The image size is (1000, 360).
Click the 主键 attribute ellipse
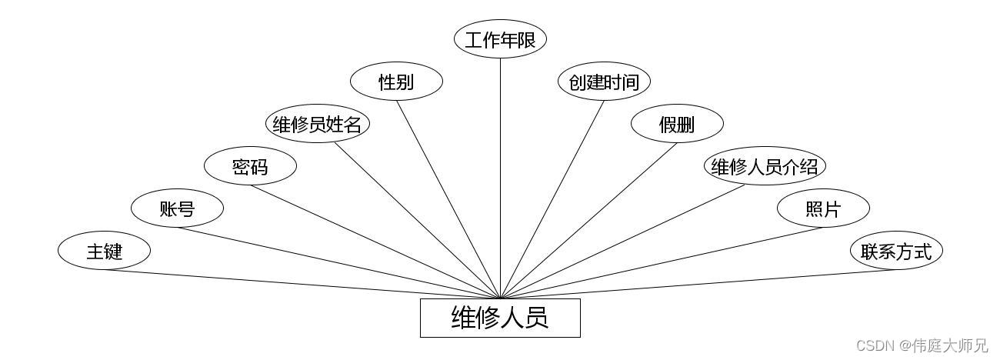[104, 251]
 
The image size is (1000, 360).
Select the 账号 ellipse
[177, 208]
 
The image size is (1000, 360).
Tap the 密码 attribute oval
[250, 166]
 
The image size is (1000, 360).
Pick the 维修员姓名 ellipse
[317, 125]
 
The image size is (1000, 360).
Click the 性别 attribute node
[396, 82]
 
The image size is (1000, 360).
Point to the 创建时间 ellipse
[604, 82]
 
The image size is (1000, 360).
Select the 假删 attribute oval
[677, 125]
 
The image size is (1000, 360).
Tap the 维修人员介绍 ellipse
[765, 167]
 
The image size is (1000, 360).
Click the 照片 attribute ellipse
[823, 208]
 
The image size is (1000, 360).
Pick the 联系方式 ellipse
[896, 251]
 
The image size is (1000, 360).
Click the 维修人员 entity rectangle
[500, 318]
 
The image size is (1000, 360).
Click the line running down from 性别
[448, 200]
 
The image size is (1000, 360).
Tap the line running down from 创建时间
[552, 200]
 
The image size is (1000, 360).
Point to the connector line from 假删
[588, 219]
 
